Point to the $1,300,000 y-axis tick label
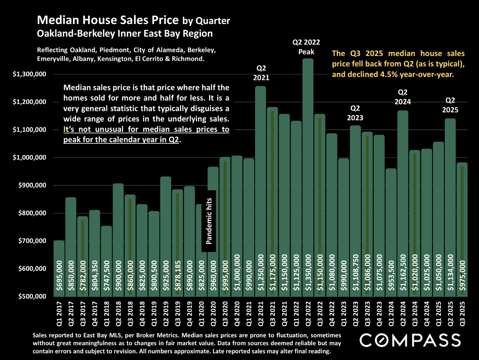29,74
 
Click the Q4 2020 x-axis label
237,314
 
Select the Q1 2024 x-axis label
391,314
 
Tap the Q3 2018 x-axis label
130,314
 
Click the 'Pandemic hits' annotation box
209,221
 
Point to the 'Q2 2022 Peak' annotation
306,47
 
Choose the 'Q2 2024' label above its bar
403,97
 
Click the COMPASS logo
410,340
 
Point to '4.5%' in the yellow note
389,74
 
